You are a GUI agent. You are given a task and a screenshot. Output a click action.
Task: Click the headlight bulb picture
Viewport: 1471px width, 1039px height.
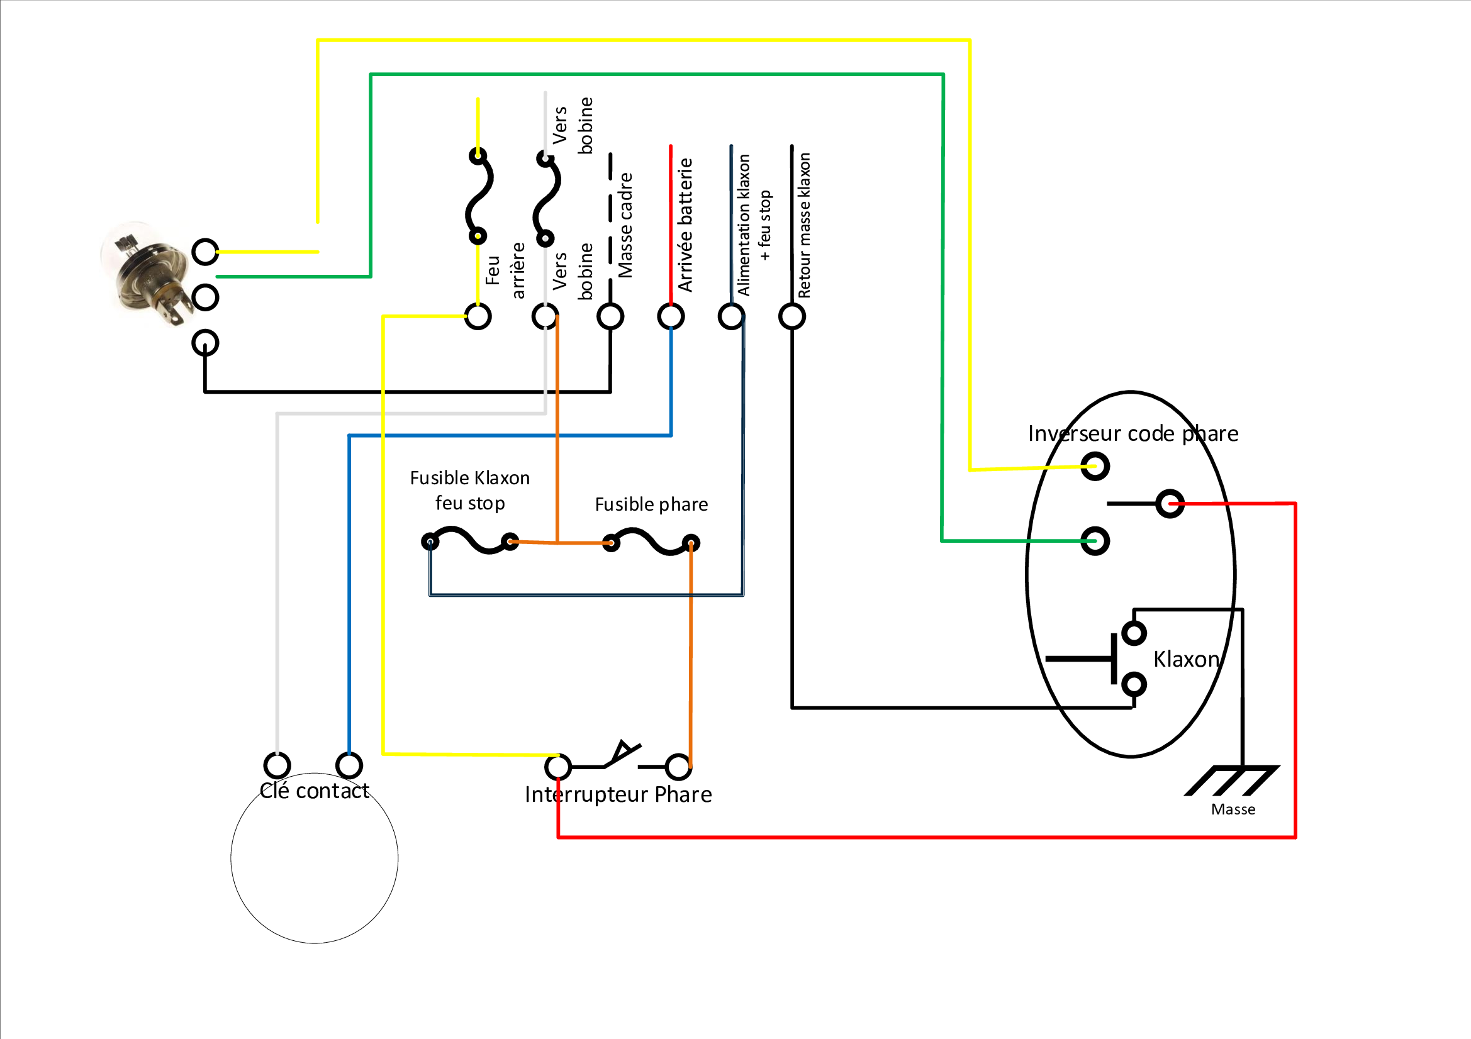(147, 274)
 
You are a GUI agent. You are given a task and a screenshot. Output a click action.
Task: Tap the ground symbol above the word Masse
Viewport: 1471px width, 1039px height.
(1233, 781)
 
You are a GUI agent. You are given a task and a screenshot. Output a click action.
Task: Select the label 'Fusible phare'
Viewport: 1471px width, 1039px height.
(652, 505)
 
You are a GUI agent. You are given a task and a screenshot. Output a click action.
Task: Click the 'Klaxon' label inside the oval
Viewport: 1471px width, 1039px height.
(1186, 659)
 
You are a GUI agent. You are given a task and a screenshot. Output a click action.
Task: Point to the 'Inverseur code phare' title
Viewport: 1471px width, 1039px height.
(1133, 434)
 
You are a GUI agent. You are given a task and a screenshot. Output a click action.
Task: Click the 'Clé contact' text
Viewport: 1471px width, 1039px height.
(315, 791)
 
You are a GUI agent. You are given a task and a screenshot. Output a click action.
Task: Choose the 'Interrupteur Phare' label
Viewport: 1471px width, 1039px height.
(618, 794)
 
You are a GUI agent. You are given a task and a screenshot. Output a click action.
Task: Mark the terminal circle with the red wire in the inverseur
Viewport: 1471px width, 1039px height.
(1170, 504)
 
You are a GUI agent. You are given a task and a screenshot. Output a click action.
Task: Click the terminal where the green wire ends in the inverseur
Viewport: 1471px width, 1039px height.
(1095, 542)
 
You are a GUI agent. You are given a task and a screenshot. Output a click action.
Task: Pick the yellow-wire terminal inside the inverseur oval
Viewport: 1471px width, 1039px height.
(1095, 466)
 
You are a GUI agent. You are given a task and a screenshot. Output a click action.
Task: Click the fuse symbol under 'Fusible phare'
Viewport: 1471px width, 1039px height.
(651, 542)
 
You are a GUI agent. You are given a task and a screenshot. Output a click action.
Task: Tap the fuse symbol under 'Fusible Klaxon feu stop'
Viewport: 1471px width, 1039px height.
(470, 541)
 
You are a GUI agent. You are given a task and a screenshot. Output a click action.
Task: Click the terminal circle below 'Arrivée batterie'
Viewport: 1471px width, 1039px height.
(671, 316)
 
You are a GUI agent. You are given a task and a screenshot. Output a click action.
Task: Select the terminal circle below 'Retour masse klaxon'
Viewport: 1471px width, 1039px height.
(792, 316)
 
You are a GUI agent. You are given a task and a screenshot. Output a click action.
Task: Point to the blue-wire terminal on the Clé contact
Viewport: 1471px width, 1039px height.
(349, 765)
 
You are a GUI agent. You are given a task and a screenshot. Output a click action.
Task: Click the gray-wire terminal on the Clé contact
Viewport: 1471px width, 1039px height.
(277, 765)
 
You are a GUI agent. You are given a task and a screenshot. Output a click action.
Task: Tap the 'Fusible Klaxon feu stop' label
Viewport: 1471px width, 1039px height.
(469, 491)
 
